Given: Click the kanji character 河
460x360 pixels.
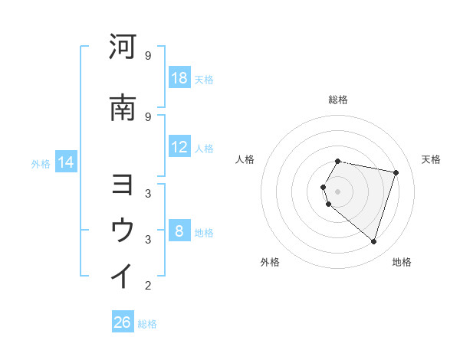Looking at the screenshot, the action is (x=123, y=47).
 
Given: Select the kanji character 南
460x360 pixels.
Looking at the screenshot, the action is (x=123, y=109).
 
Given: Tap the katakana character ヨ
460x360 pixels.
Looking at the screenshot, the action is (x=123, y=186).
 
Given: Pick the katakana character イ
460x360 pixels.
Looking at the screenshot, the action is (x=123, y=275).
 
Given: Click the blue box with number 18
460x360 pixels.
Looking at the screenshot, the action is (x=179, y=78).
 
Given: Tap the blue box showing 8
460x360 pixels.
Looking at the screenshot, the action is (x=179, y=231).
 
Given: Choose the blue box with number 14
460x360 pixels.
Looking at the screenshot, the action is (x=66, y=162).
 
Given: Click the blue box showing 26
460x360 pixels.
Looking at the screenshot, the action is (x=123, y=322).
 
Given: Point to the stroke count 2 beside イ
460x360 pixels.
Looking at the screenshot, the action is (x=147, y=286).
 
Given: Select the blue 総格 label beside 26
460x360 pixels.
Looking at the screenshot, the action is (x=147, y=323).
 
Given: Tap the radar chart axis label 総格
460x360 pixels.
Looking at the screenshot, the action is (x=338, y=100).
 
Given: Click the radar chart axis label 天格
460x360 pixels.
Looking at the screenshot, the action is (x=432, y=159).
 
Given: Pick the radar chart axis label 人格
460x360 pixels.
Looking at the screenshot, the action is (x=245, y=159).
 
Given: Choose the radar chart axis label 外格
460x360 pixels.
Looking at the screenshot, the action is (x=270, y=262).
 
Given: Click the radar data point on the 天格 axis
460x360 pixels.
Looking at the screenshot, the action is (x=396, y=172).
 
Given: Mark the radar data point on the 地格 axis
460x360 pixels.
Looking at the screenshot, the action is (x=373, y=241).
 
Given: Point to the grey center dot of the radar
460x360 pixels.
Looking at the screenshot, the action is (x=338, y=191).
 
